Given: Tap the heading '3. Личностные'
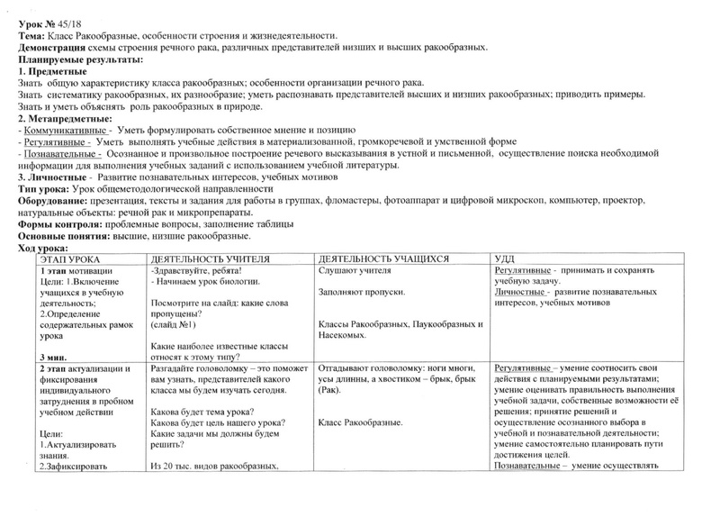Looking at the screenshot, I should [x=54, y=177].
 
